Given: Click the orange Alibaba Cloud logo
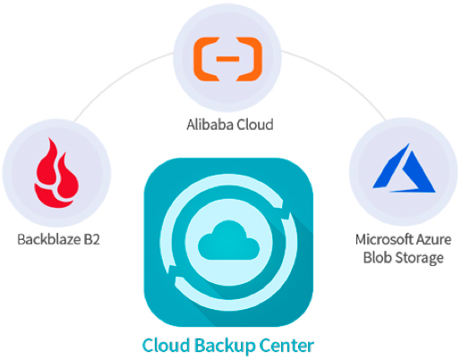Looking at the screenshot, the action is tap(227, 59).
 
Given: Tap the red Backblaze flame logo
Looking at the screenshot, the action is tap(56, 173).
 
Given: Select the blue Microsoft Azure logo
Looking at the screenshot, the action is tap(404, 167).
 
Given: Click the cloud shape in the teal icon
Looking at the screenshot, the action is tap(228, 240).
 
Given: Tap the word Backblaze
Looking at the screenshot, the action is tap(48, 239).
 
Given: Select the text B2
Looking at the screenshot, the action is tap(91, 239).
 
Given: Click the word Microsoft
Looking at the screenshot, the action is tap(384, 239).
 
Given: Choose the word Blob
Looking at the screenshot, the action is tap(377, 257).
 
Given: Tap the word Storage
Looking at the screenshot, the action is tap(419, 258).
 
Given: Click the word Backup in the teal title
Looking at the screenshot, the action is tap(225, 346).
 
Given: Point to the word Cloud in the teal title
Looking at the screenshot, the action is tap(167, 346).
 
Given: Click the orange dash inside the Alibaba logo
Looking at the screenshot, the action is tap(227, 59).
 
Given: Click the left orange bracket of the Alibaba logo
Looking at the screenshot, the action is tap(207, 59).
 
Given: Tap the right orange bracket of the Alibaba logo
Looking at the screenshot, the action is tap(249, 59).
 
